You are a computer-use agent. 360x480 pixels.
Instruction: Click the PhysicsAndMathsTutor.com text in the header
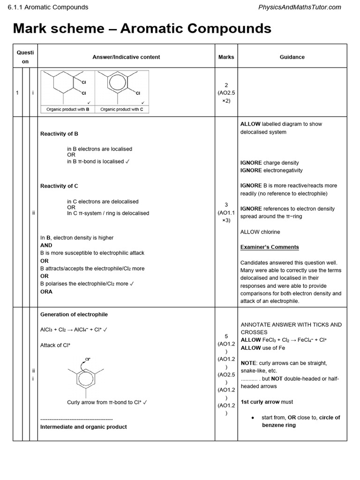click(300, 7)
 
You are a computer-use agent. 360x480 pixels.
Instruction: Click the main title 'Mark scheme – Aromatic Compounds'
click(142, 29)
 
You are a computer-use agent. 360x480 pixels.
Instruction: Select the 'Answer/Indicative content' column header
click(126, 57)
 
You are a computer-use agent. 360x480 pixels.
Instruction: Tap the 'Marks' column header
click(226, 57)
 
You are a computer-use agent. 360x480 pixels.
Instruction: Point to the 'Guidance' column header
click(292, 57)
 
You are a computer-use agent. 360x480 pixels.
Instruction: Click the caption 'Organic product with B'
click(68, 109)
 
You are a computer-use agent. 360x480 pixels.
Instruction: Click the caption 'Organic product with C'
click(122, 109)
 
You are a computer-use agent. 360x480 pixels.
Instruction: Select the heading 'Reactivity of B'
click(59, 134)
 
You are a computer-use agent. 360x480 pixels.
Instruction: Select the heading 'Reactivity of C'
click(59, 186)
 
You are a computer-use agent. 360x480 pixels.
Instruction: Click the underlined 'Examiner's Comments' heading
click(270, 247)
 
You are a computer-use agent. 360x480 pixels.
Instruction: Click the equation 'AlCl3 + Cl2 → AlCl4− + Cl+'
click(74, 330)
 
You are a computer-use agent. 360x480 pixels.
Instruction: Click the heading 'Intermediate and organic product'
click(83, 427)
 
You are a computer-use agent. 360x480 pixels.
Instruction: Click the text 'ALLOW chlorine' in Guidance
click(260, 232)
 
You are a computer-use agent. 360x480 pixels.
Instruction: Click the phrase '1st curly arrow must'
click(267, 402)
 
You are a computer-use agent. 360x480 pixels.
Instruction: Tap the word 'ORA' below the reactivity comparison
click(46, 292)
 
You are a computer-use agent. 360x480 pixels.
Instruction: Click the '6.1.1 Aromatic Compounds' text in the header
click(45, 7)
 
